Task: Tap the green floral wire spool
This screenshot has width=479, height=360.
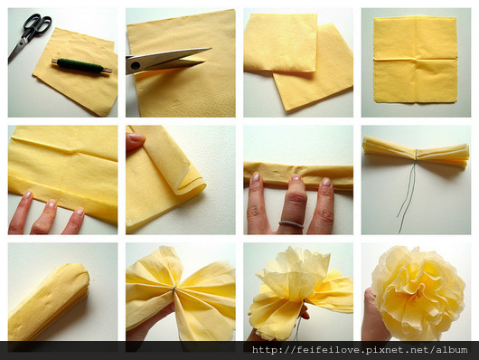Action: [x=81, y=66]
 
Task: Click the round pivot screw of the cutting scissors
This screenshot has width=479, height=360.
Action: [x=135, y=65]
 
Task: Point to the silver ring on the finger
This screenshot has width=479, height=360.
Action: [x=290, y=224]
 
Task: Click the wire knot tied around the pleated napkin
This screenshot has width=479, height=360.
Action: [x=416, y=155]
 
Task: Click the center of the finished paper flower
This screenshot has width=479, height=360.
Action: [x=418, y=293]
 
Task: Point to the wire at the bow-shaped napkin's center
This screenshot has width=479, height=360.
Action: [x=174, y=289]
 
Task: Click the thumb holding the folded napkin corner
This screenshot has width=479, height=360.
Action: [x=135, y=140]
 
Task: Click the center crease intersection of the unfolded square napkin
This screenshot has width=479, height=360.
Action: [x=416, y=59]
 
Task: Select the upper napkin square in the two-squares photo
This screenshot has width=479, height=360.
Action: [x=280, y=43]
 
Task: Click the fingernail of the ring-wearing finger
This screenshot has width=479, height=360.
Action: [x=296, y=177]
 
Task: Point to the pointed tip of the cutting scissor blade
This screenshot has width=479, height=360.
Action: [x=211, y=48]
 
